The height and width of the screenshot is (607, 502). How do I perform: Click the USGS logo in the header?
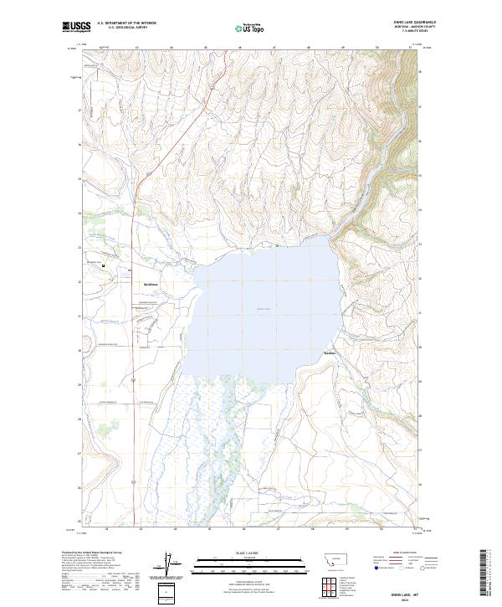point(76,28)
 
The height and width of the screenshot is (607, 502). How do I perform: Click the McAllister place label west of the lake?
point(151,284)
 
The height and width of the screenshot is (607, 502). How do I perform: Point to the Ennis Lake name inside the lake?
point(264,309)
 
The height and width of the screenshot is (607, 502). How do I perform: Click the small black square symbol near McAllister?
point(104,267)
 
